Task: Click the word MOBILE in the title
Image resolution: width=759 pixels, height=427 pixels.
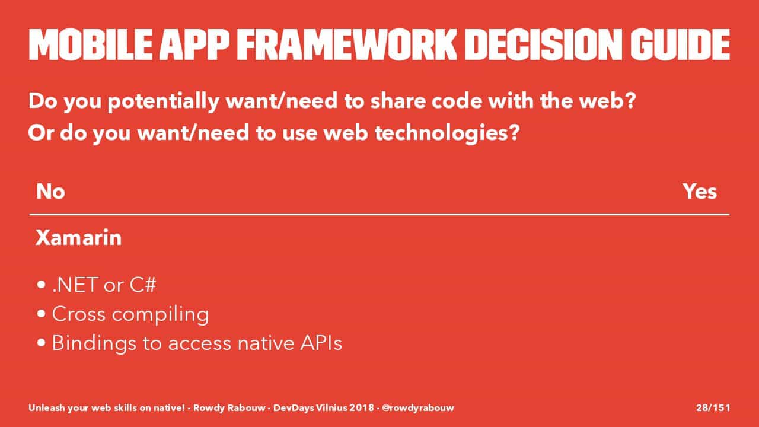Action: point(90,44)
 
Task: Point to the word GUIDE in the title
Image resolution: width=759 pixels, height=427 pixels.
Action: point(680,44)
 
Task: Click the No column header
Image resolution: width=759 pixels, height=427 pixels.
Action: point(50,192)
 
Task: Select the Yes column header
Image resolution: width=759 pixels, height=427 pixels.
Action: point(700,192)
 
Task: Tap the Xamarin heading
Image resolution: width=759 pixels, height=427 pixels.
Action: point(79,237)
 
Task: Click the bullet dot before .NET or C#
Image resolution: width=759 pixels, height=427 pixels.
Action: point(42,285)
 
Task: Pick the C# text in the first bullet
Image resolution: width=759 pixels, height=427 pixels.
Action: point(143,285)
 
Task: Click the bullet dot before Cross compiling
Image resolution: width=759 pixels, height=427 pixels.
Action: point(42,314)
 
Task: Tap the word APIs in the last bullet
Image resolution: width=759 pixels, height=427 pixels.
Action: point(321,343)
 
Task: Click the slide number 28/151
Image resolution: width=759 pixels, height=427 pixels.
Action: point(713,407)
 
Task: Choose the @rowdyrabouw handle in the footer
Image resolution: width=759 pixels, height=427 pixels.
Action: point(418,408)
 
